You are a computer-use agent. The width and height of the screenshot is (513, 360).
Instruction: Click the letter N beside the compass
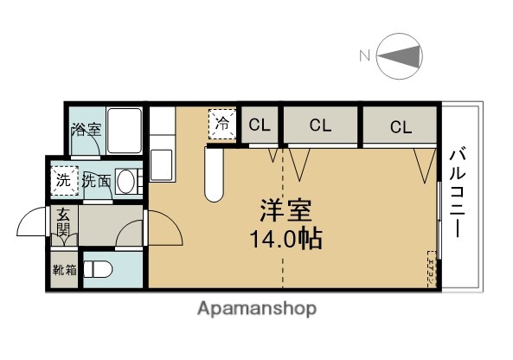coord(364,57)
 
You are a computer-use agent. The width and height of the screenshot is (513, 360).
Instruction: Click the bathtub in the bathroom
coord(125,132)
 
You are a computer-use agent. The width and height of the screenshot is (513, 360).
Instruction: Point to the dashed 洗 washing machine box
coord(63,181)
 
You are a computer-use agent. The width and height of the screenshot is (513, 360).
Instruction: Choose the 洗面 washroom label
coord(96,182)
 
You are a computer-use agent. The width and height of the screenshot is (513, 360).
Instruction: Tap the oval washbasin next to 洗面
coord(125,183)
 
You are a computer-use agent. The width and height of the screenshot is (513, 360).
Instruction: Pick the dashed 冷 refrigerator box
coord(222,124)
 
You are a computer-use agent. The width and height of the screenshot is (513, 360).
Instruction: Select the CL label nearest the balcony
coord(400,127)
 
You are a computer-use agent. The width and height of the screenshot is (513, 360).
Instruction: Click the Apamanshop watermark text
coord(257,309)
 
